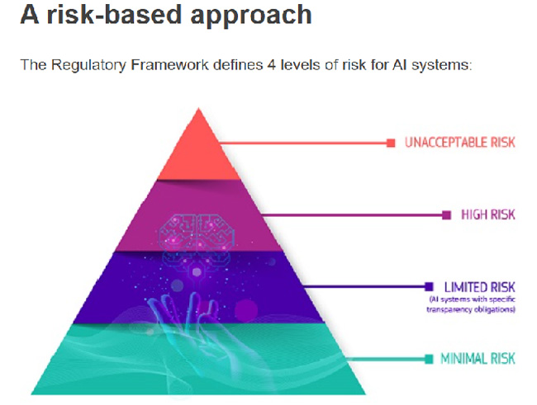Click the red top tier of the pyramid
coord(197,153)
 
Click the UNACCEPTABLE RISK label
coord(459,143)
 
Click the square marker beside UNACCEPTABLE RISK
coord(391,143)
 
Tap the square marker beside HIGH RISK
coord(446,214)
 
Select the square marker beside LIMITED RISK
coord(429,286)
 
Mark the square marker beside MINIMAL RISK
coord(429,359)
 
